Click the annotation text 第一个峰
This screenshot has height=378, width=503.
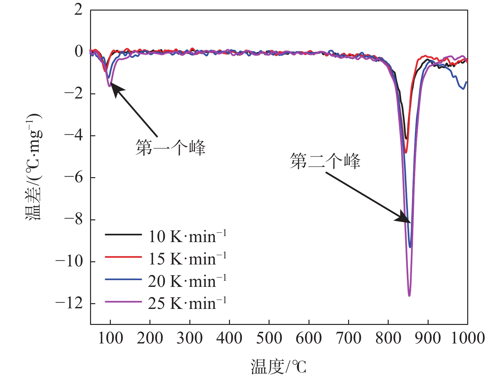(170, 148)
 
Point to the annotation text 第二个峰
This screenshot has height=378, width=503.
(325, 161)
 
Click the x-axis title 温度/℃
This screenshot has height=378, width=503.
(278, 366)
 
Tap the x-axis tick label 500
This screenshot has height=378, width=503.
(269, 338)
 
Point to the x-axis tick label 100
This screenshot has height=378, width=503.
(110, 338)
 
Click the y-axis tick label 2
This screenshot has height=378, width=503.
(78, 10)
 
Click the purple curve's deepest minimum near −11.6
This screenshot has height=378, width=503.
(409, 295)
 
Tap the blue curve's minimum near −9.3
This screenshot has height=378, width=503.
(410, 247)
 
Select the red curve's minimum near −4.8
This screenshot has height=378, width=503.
(406, 153)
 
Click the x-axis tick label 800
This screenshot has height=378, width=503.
(388, 338)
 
